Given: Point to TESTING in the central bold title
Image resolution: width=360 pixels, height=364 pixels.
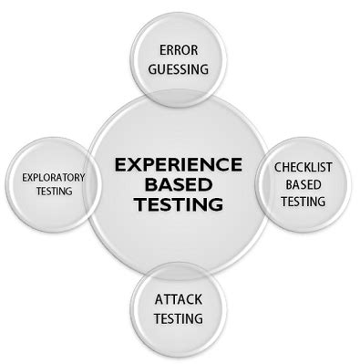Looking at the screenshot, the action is (179, 204).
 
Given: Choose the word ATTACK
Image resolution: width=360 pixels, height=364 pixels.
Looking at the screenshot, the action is (178, 299).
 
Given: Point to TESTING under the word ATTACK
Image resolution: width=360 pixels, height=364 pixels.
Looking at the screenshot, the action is (178, 318).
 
